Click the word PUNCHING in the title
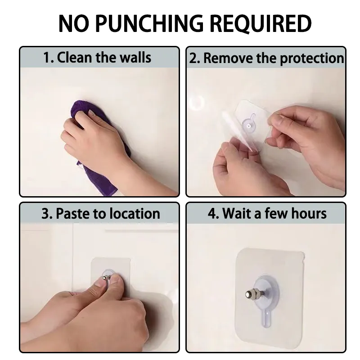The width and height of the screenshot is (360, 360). pyautogui.click(x=149, y=23)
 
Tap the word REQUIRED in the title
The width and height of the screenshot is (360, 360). pyautogui.click(x=261, y=24)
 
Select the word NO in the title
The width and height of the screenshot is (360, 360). pyautogui.click(x=73, y=23)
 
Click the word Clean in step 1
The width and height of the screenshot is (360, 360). pyautogui.click(x=74, y=57)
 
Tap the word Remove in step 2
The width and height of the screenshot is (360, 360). pyautogui.click(x=228, y=58)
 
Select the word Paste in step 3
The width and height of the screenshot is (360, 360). pyautogui.click(x=72, y=213)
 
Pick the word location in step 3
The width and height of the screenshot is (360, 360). pyautogui.click(x=135, y=213)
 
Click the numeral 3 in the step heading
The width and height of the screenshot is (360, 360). pyautogui.click(x=45, y=214)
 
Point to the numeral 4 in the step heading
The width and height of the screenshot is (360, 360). pyautogui.click(x=212, y=213)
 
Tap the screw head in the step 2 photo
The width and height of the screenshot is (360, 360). pyautogui.click(x=249, y=126)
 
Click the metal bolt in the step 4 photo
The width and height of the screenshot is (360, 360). pyautogui.click(x=255, y=294)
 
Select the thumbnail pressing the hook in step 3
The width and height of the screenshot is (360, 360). pyautogui.click(x=100, y=282)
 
